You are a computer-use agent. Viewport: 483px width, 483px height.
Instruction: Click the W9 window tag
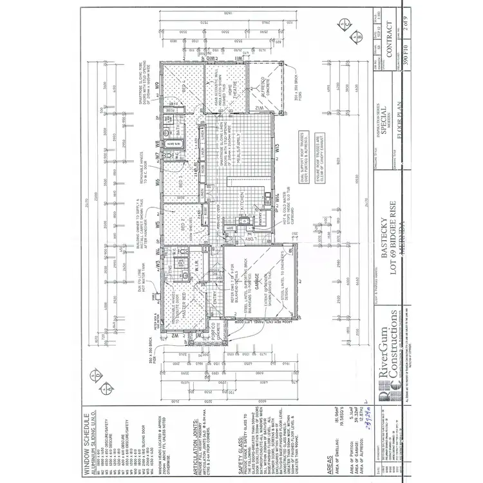coord(156,84)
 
